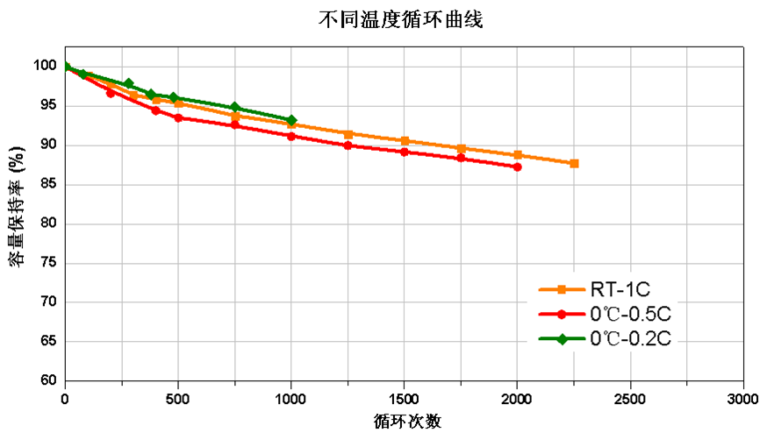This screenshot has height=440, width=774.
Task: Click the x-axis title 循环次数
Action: pyautogui.click(x=405, y=422)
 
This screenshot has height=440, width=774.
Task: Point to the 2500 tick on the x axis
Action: pyautogui.click(x=630, y=399)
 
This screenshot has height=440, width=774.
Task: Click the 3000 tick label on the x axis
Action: pyautogui.click(x=742, y=399)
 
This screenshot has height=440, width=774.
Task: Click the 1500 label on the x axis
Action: pyautogui.click(x=405, y=399)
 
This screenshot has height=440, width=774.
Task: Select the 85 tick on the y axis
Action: pyautogui.click(x=48, y=184)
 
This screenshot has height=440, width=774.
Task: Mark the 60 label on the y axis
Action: pyautogui.click(x=48, y=381)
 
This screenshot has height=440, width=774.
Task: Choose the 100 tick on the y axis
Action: pyautogui.click(x=45, y=66)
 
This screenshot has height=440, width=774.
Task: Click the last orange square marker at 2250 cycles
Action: pyautogui.click(x=574, y=163)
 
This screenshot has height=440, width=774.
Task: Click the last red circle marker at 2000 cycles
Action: pyautogui.click(x=517, y=167)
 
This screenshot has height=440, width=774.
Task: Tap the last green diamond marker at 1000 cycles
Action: pyautogui.click(x=291, y=120)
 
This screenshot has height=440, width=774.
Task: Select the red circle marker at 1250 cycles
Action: pyautogui.click(x=348, y=145)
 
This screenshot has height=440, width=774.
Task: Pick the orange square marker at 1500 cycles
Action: pyautogui.click(x=405, y=140)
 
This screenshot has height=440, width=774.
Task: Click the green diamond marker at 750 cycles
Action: pyautogui.click(x=234, y=108)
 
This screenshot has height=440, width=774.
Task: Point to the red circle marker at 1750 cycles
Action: pyautogui.click(x=461, y=158)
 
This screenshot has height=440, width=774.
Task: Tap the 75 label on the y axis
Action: pyautogui.click(x=48, y=263)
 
